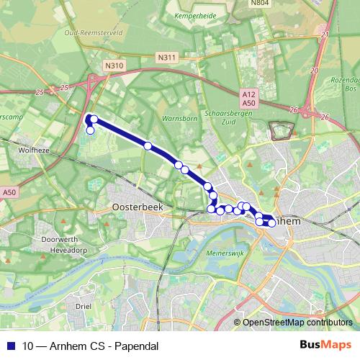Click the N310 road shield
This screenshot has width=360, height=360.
(x=114, y=66)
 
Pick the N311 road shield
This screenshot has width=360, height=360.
(x=166, y=58)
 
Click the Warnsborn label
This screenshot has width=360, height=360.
(x=179, y=117)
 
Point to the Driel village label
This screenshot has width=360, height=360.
(x=84, y=307)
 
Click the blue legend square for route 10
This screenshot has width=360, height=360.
(x=10, y=346)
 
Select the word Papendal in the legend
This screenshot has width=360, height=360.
(x=135, y=346)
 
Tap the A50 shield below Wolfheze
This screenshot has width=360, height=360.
(x=9, y=192)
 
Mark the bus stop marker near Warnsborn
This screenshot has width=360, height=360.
(x=148, y=145)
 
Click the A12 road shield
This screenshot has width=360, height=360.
(x=249, y=93)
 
